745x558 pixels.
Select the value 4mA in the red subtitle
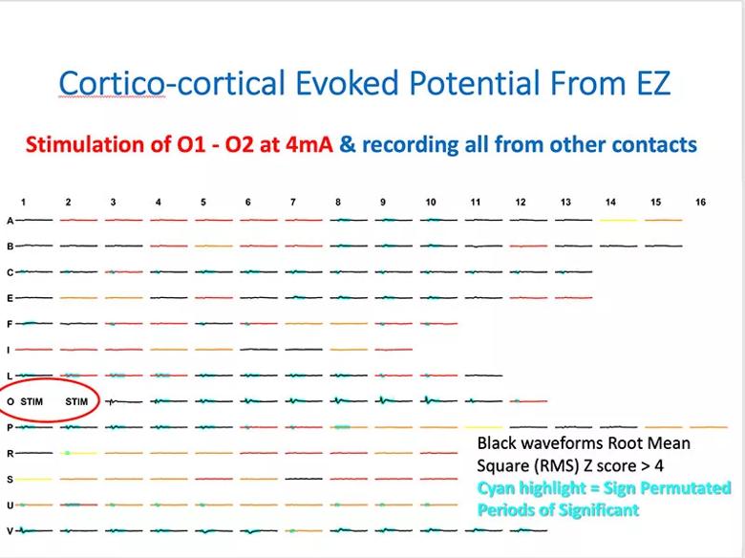click(309, 144)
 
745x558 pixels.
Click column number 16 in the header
click(700, 202)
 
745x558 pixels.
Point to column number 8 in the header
click(338, 202)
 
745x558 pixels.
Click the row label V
click(10, 531)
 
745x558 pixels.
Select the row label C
click(10, 272)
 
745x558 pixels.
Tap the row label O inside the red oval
click(11, 401)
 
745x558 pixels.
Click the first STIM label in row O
click(32, 401)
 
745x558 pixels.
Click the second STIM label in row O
click(76, 401)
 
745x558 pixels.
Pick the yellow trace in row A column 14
click(618, 220)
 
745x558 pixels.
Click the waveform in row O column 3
click(123, 401)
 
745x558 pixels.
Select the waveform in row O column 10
click(438, 400)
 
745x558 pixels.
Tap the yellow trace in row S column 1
click(33, 479)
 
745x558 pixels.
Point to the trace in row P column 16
click(709, 427)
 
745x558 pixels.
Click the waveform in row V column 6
click(259, 531)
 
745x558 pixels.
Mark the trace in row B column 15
click(663, 246)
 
